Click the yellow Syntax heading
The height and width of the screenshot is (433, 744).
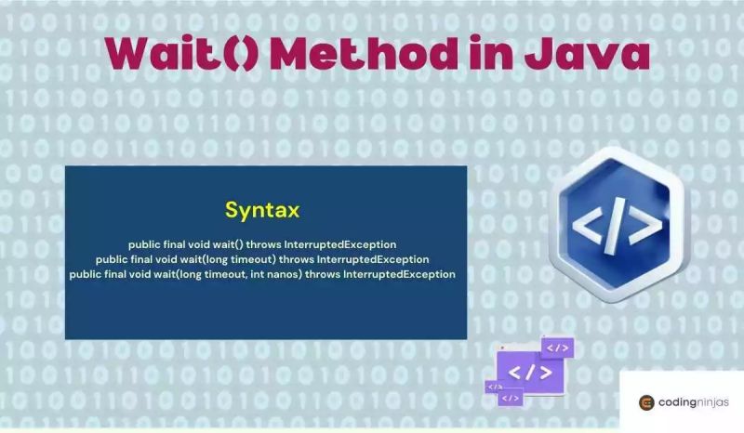(x=262, y=211)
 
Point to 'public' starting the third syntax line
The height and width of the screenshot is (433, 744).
(x=85, y=274)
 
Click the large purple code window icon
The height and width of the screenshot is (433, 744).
(x=529, y=372)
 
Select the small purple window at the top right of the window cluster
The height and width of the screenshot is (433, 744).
(x=557, y=348)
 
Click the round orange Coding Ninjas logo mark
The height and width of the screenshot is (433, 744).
(x=646, y=402)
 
